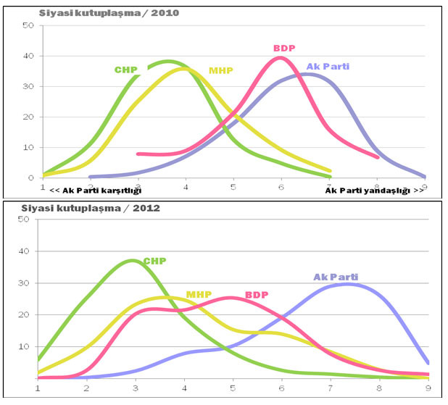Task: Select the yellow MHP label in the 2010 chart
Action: [x=220, y=70]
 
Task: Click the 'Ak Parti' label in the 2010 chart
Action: [x=328, y=66]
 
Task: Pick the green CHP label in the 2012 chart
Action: [x=154, y=261]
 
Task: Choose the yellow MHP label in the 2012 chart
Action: [x=199, y=294]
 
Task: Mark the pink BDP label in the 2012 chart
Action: [x=256, y=295]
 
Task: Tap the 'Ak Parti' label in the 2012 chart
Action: [x=336, y=277]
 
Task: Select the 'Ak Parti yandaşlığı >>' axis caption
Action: [x=374, y=190]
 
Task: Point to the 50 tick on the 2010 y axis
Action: [x=29, y=25]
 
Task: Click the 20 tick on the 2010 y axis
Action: [x=29, y=117]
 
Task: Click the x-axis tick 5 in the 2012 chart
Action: [x=233, y=387]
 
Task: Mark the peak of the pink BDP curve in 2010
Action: [x=281, y=58]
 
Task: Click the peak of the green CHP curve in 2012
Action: [x=133, y=260]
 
